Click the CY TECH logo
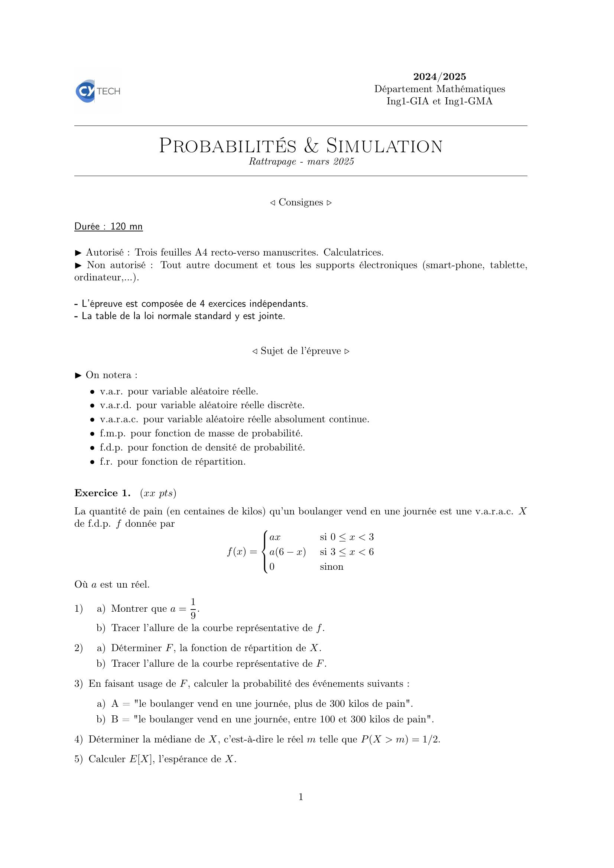pos(98,91)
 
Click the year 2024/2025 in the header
pos(439,77)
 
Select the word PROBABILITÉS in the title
pos(227,146)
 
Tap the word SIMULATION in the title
pos(384,146)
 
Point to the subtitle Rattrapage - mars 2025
pos(301,162)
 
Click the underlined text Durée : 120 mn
pos(108,227)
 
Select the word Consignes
pos(300,202)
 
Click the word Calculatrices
pos(353,252)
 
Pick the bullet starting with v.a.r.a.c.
pos(234,419)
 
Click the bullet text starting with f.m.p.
pos(201,433)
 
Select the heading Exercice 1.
pos(103,493)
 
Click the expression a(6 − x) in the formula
pos(287,552)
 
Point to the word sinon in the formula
pos(331,567)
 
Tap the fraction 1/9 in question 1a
pos(193,609)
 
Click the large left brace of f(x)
pos(266,552)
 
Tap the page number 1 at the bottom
pos(301,797)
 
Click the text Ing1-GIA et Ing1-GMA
pos(439,101)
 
